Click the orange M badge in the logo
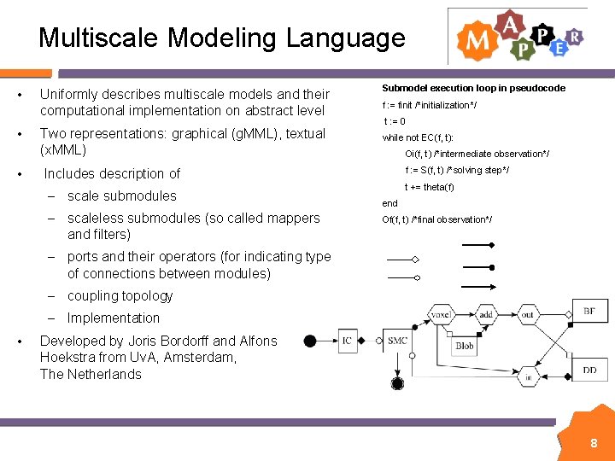click(x=475, y=39)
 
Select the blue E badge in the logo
click(x=559, y=49)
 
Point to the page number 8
click(x=594, y=443)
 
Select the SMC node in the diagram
click(x=397, y=341)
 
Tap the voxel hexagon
click(x=440, y=314)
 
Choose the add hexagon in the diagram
click(x=485, y=314)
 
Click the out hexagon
click(x=528, y=314)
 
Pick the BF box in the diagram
click(x=589, y=311)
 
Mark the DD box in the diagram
click(x=589, y=370)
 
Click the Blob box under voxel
click(x=464, y=347)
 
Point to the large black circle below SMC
click(x=397, y=383)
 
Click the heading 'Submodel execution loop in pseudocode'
click(x=473, y=88)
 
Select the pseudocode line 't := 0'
click(x=394, y=121)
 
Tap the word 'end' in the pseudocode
click(x=389, y=203)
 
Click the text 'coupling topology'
click(x=120, y=296)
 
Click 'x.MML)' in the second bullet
click(x=63, y=150)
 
